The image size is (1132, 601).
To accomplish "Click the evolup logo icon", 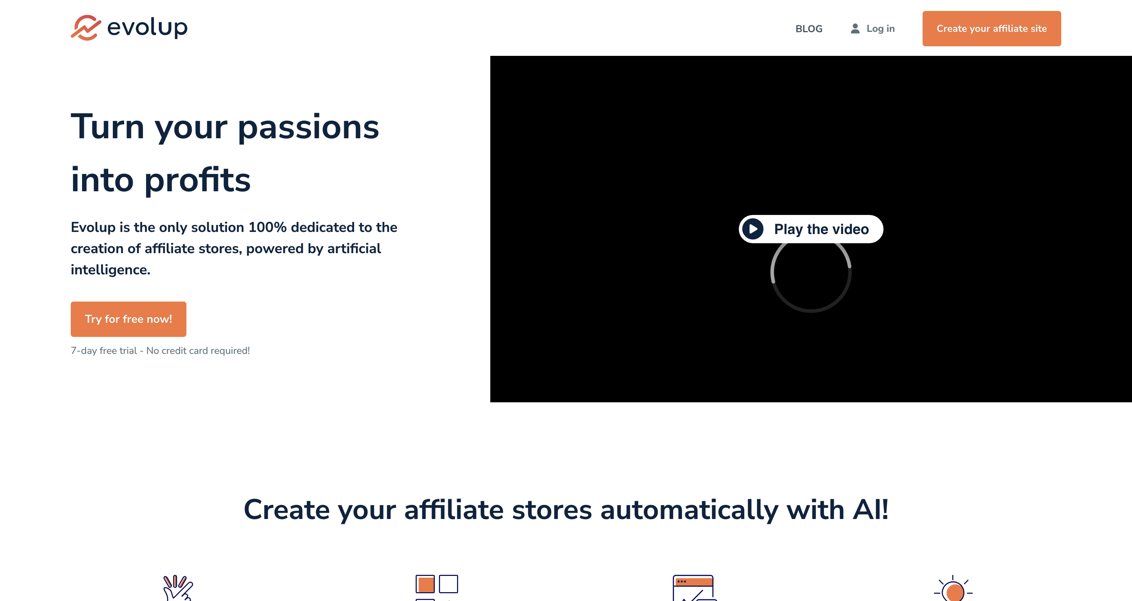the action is (x=86, y=28).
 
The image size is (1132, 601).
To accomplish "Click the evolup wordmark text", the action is (x=147, y=28).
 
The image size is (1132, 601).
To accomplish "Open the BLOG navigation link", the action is (x=809, y=29).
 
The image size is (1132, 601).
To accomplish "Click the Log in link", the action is (x=880, y=29).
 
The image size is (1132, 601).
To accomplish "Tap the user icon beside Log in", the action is (x=855, y=29).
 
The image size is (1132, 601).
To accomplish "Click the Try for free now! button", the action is (x=128, y=319).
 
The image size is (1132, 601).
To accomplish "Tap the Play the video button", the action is (x=811, y=229).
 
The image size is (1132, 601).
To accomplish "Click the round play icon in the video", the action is (x=753, y=229).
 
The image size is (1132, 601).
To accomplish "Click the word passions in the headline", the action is (x=308, y=127).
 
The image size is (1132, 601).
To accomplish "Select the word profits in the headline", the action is (x=197, y=180).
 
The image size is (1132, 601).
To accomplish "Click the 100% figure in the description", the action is (x=267, y=227).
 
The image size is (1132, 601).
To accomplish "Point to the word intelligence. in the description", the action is (x=110, y=270).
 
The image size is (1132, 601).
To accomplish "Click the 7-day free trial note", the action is (x=160, y=351).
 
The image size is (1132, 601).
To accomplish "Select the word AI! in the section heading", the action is (x=870, y=510).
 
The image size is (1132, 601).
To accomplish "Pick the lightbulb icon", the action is (x=953, y=589).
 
